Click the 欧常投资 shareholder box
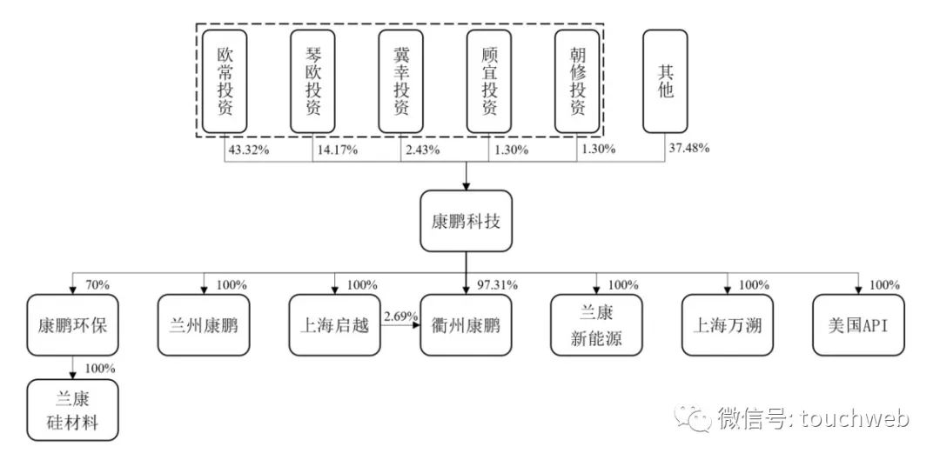point(225,81)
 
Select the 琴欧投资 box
point(313,81)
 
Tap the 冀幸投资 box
point(400,81)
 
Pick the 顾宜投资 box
point(489,81)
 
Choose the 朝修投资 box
point(577,81)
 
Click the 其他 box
point(666,81)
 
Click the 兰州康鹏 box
point(204,325)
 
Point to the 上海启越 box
point(335,325)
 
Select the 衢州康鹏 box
point(466,325)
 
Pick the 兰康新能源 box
point(597,325)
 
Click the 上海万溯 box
point(728,325)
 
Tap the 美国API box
point(858,325)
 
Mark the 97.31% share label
point(498,285)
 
